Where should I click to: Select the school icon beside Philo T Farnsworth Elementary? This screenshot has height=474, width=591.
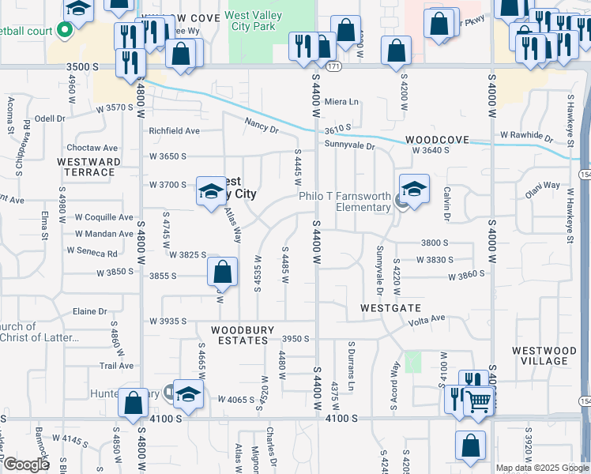tap(412, 190)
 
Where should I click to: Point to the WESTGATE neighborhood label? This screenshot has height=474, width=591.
tap(390, 307)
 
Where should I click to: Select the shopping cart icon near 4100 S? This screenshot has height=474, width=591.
tap(479, 401)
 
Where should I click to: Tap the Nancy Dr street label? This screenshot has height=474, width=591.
tap(261, 125)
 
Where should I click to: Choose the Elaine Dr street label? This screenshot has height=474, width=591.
tap(89, 312)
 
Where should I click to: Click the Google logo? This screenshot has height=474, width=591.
tap(26, 464)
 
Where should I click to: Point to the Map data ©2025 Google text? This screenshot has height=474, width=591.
tap(541, 468)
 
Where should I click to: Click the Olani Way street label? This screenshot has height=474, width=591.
tap(543, 186)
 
